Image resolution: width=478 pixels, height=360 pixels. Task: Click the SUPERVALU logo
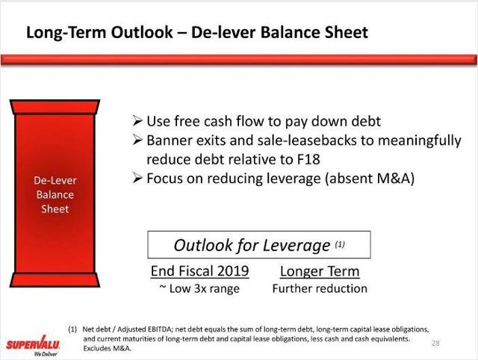(33, 346)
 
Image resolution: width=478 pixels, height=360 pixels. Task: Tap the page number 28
(435, 344)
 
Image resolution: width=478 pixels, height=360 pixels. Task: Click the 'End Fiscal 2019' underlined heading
(199, 271)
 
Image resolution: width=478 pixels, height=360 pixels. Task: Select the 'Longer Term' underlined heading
(320, 271)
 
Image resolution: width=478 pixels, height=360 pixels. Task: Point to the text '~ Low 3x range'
(199, 288)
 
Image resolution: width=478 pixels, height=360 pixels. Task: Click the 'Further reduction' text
(320, 288)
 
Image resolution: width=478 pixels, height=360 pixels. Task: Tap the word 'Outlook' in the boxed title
(202, 245)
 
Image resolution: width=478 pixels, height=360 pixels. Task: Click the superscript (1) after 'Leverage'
(340, 244)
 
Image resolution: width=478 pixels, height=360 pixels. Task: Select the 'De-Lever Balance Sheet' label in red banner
(55, 194)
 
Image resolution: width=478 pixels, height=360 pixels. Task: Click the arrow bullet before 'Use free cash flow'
(137, 121)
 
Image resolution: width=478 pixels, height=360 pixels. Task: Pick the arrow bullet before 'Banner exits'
(137, 140)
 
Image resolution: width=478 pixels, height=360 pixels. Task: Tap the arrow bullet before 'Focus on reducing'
(137, 178)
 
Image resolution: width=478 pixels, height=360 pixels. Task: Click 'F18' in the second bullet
(308, 159)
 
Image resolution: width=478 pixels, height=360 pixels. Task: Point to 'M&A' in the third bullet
(393, 179)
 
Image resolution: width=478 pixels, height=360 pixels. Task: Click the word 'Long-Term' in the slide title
(66, 32)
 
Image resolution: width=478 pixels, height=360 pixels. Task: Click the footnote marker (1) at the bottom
(72, 329)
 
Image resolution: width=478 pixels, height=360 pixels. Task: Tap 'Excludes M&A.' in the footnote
(107, 348)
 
